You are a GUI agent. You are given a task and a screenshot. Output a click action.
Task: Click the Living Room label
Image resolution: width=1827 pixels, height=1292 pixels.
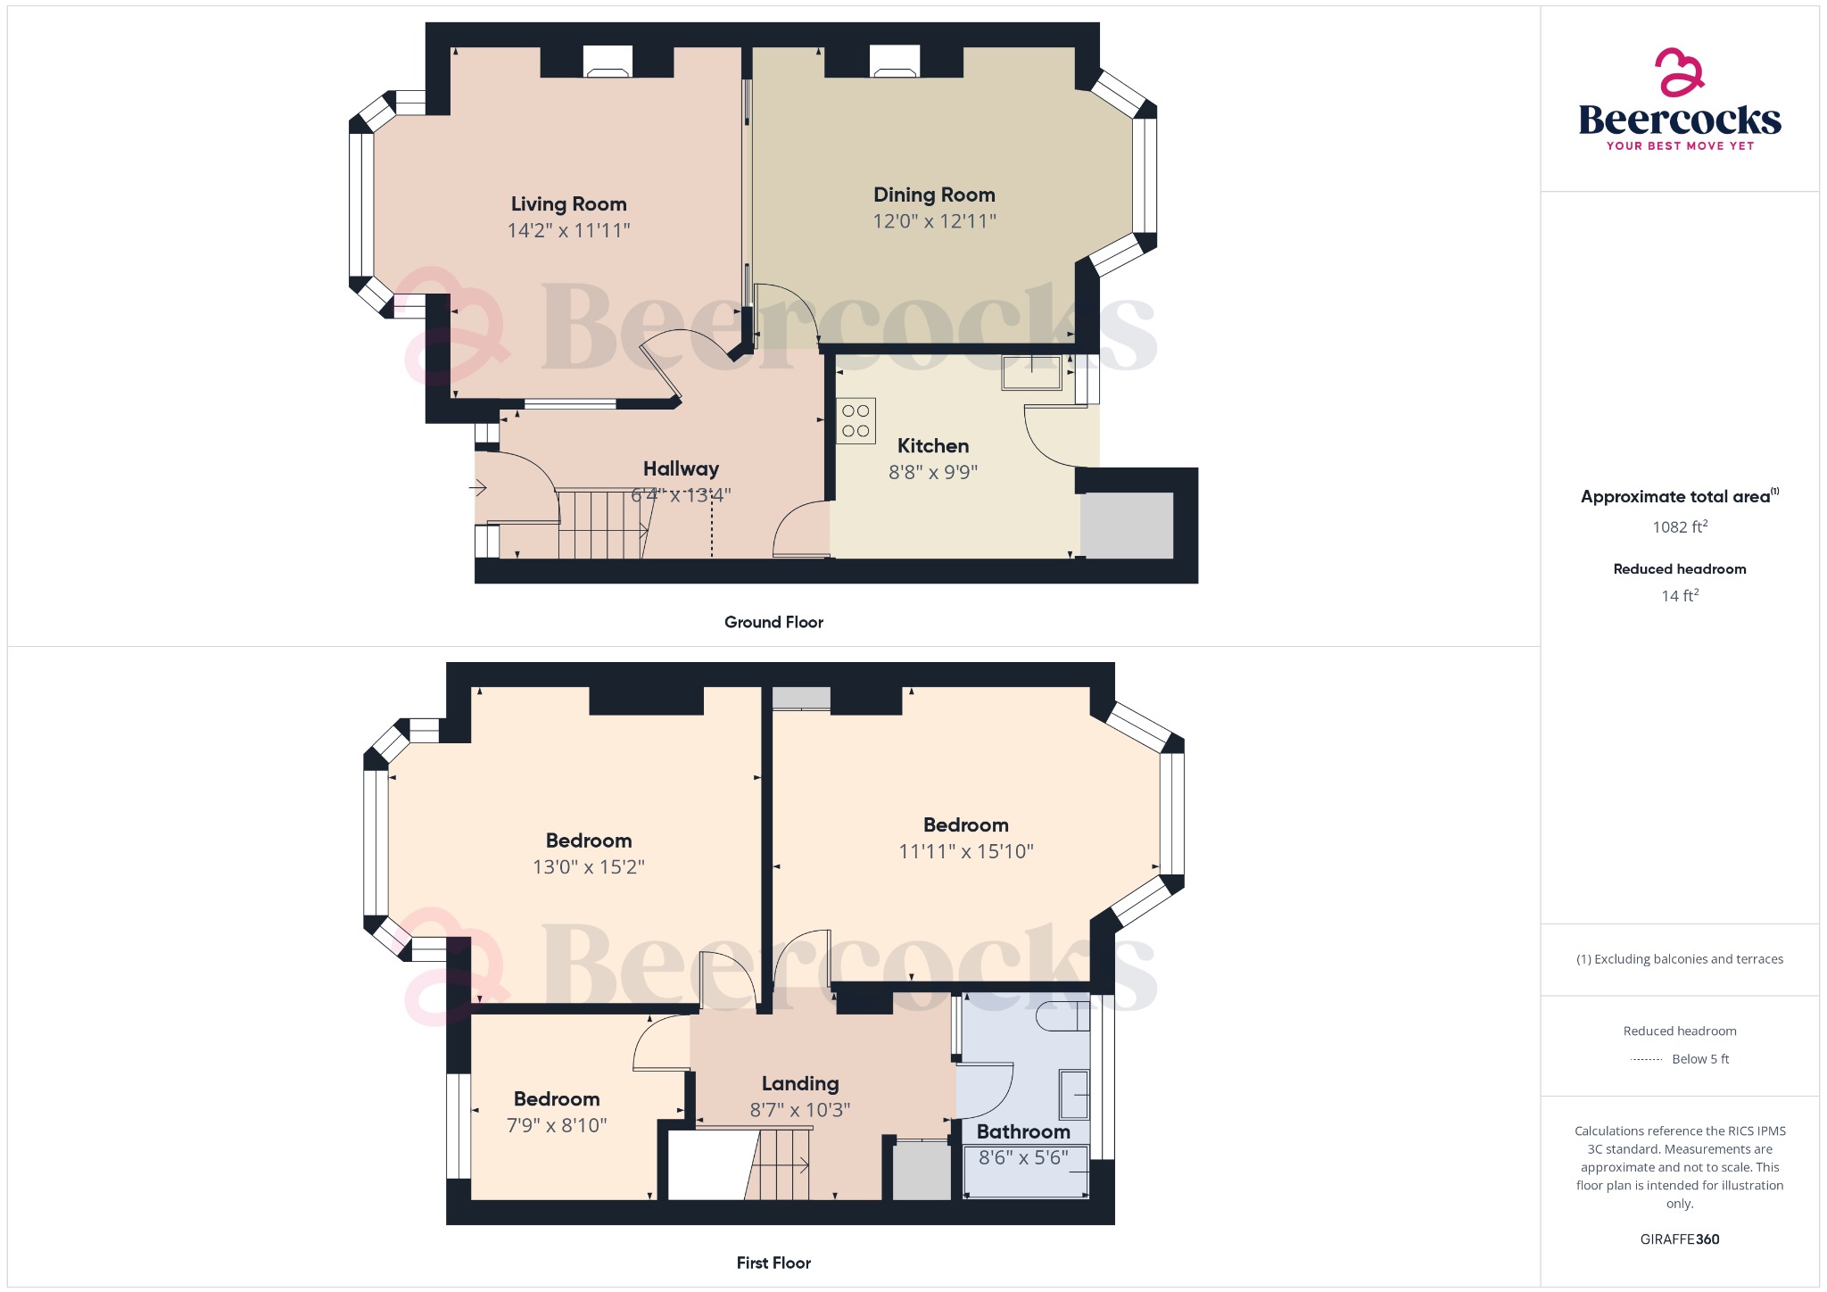pos(568,204)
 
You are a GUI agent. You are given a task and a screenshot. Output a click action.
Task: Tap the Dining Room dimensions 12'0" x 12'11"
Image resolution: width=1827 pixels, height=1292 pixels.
pos(934,221)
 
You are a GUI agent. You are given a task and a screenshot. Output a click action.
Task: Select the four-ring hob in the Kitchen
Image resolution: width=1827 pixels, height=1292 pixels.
pos(856,421)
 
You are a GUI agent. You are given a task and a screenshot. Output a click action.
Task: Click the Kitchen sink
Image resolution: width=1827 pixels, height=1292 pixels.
pos(1032,372)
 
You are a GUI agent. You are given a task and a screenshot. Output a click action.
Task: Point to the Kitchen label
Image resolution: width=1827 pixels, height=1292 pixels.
pos(932,446)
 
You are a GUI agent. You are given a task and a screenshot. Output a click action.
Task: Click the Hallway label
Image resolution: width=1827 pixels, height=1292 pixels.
pos(681,469)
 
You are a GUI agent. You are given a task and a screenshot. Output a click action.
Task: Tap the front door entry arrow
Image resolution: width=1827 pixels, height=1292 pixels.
pos(478,488)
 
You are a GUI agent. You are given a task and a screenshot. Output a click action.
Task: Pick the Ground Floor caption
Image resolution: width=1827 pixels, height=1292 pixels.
pos(773,623)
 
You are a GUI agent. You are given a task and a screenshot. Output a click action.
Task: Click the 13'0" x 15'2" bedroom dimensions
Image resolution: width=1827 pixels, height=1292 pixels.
pos(589,867)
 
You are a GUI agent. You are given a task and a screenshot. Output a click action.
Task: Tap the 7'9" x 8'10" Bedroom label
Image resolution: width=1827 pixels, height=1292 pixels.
pos(557,1099)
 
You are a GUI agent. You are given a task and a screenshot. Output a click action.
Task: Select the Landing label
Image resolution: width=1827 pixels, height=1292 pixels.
pos(800,1084)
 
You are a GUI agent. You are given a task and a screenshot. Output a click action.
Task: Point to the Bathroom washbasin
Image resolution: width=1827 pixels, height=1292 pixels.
pos(1074,1094)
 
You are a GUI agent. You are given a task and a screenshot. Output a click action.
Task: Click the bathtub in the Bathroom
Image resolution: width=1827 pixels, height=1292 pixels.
pos(1026,1172)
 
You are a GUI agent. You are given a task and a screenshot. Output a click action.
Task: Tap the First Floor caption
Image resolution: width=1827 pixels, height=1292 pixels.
pos(773,1263)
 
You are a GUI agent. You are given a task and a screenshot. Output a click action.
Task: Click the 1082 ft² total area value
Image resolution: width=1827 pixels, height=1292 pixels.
pos(1680,527)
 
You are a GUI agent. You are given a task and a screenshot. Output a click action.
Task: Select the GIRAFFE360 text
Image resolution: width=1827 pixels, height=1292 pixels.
pos(1680,1239)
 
